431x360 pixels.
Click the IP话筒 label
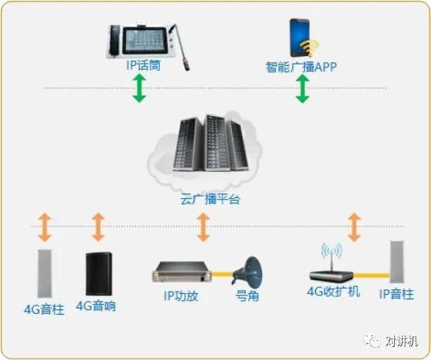click(143, 66)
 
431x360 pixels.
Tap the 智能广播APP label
click(301, 67)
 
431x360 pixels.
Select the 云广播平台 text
click(210, 199)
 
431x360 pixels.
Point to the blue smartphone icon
click(300, 38)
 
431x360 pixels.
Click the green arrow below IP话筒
click(139, 89)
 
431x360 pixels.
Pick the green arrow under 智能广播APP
click(303, 89)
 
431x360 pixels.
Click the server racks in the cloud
click(211, 143)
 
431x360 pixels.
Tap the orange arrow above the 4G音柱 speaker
click(45, 227)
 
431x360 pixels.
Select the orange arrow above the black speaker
click(98, 226)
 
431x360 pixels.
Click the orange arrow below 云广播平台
click(204, 226)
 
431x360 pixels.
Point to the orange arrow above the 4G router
click(354, 227)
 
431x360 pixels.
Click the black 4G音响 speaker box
click(98, 274)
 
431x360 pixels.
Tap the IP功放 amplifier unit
click(181, 272)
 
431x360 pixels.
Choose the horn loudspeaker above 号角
click(247, 271)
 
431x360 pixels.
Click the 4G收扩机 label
click(333, 292)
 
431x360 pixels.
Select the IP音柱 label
click(396, 294)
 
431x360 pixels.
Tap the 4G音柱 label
click(45, 309)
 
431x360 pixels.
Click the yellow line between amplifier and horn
click(222, 273)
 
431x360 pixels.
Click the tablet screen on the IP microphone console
click(144, 41)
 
